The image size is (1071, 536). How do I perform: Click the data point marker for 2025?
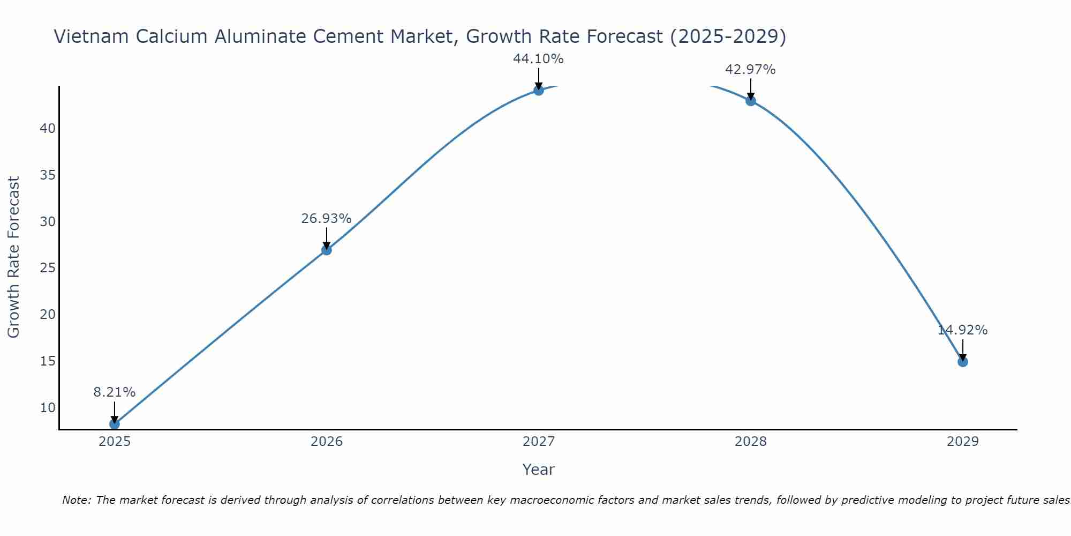point(115,424)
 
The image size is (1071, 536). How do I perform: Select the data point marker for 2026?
point(327,250)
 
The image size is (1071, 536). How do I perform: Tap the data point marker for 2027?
point(539,90)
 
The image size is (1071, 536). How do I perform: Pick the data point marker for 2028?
point(751,101)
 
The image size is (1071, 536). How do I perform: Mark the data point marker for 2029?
point(963,362)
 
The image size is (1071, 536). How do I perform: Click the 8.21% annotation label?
point(115,392)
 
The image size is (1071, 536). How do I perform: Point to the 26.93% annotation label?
point(327,219)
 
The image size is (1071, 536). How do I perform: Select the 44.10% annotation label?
point(539,59)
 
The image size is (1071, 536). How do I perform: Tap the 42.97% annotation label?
point(751,70)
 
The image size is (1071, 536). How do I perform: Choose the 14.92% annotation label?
point(963,330)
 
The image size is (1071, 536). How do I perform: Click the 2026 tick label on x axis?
point(327,442)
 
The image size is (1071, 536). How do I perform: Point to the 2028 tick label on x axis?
point(751,442)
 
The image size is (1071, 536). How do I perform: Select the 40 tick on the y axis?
point(48,129)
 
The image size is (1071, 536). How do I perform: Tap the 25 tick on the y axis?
point(48,268)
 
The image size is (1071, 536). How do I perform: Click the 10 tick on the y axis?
point(48,407)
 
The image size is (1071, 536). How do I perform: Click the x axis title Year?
point(539,470)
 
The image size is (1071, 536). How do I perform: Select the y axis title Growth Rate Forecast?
point(13,257)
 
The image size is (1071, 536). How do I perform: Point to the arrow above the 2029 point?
point(963,349)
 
